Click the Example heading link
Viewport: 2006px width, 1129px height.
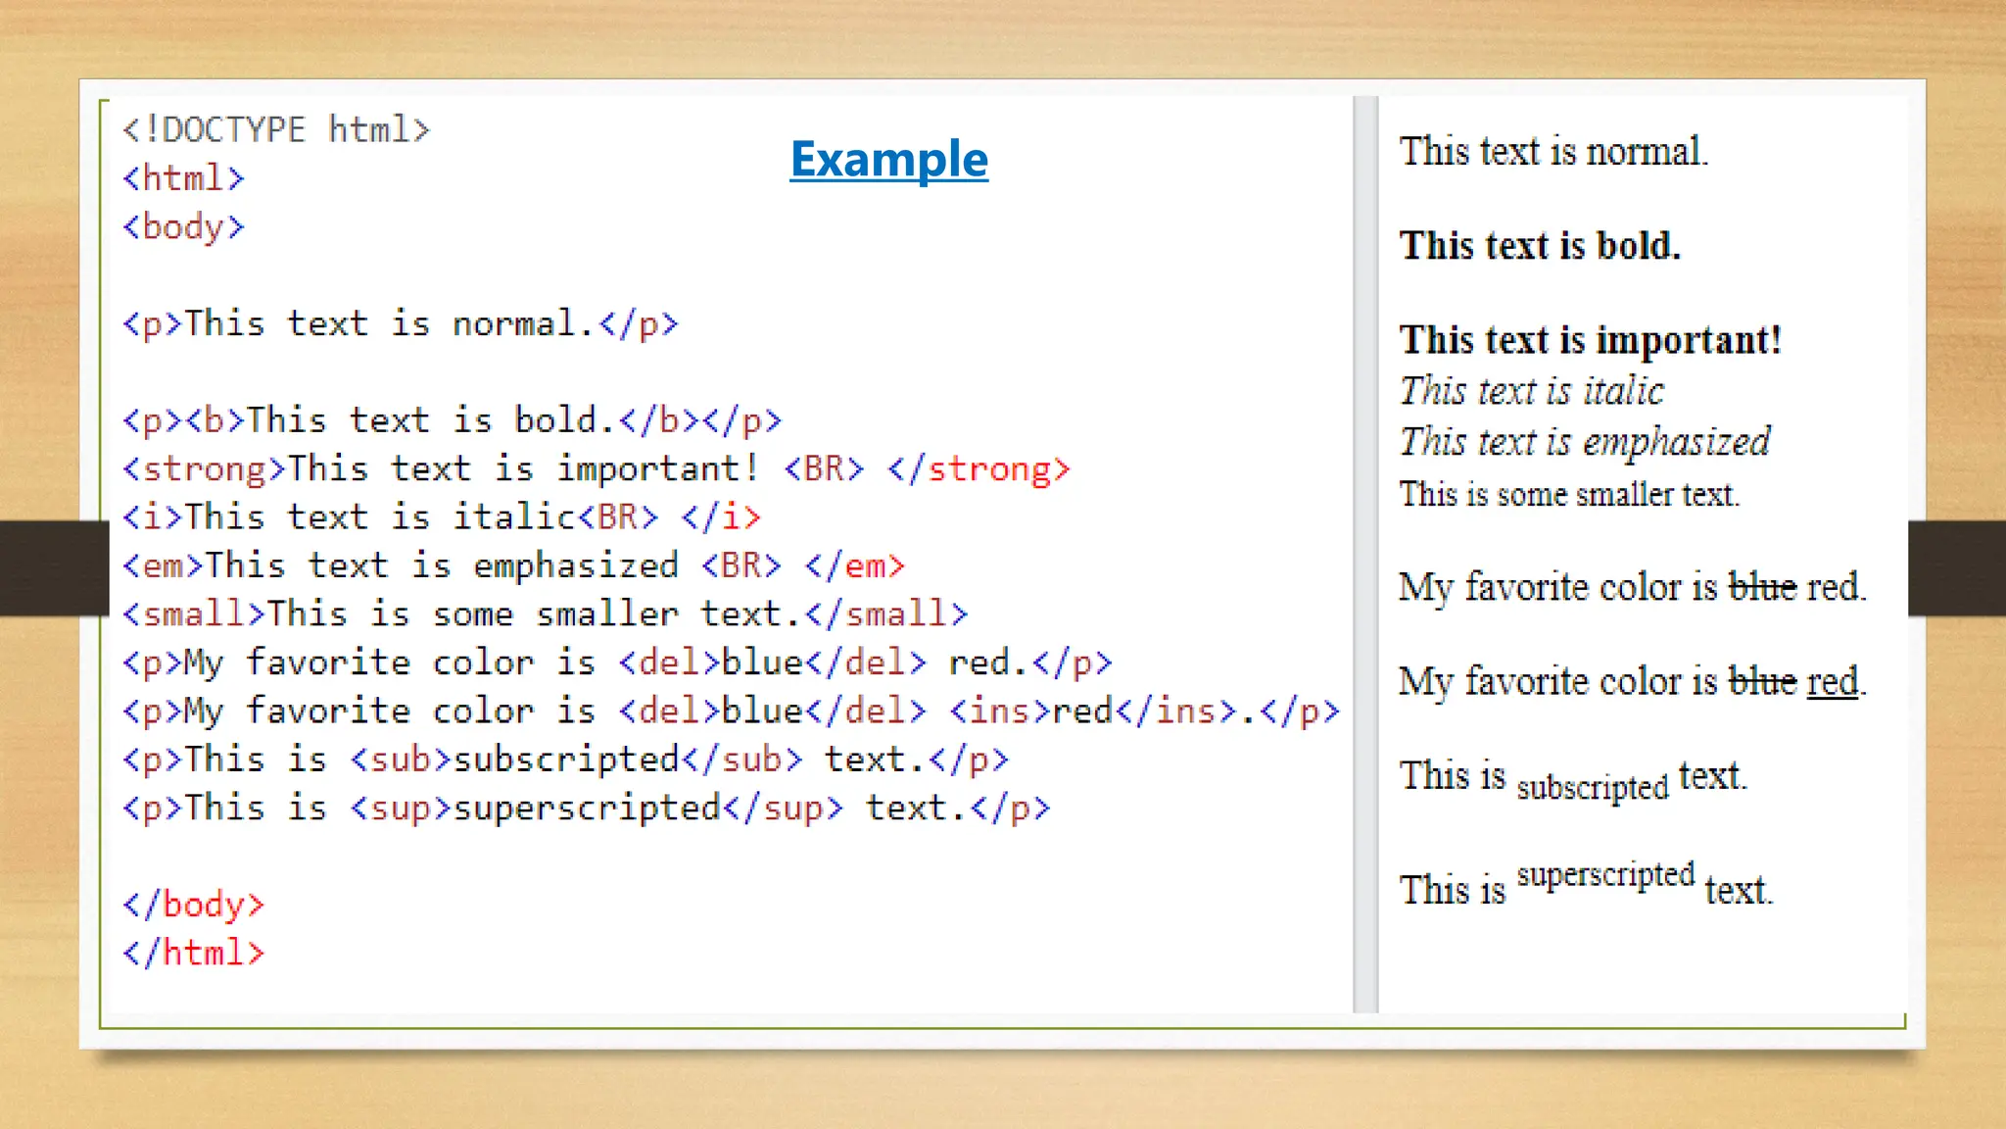[888, 160]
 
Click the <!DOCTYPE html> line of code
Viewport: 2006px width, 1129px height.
[275, 129]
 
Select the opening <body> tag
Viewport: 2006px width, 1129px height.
[183, 226]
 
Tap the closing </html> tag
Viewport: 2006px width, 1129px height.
[194, 953]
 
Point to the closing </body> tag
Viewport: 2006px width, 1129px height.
[194, 904]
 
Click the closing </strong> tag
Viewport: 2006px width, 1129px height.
[979, 468]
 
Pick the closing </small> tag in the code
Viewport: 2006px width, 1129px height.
[886, 614]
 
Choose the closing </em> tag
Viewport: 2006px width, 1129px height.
[855, 565]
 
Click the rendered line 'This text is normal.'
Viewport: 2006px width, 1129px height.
[1553, 152]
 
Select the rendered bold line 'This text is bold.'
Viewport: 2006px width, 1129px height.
[1540, 245]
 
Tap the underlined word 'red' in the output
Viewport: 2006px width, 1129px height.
[1832, 681]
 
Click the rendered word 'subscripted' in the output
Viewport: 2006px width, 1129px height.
[1592, 787]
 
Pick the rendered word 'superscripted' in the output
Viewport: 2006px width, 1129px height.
[1605, 874]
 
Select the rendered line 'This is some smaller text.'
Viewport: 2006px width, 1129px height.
[1569, 494]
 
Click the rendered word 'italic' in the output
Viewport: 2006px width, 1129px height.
[1624, 391]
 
